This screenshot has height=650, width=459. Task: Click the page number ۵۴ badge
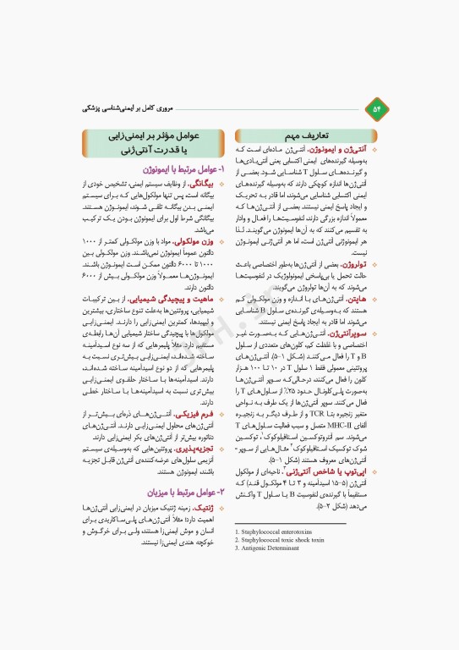tap(376, 108)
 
